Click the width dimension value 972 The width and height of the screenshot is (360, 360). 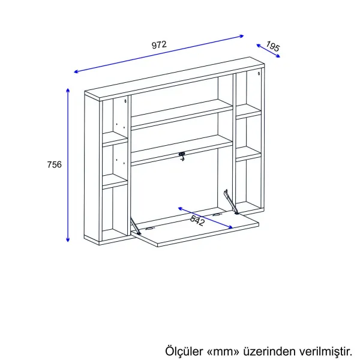click(x=159, y=44)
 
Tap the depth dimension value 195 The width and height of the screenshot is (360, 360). click(x=273, y=46)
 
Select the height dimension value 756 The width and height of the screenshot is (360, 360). click(x=55, y=164)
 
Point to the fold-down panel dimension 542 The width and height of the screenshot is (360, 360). click(x=197, y=220)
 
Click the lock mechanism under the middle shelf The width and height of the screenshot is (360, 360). click(x=182, y=157)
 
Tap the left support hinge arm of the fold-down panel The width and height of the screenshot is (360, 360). click(x=136, y=226)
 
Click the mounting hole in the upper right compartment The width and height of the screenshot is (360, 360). click(x=259, y=73)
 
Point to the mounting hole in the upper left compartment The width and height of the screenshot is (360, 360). click(x=125, y=101)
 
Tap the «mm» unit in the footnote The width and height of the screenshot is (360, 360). click(x=223, y=352)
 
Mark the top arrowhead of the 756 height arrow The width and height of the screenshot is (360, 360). click(x=68, y=90)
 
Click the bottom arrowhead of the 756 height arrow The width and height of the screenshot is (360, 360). click(x=68, y=239)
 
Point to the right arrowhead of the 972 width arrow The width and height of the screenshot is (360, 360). click(x=242, y=36)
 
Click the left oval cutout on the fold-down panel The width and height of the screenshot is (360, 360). click(x=149, y=229)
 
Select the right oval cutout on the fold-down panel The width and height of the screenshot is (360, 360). click(x=217, y=215)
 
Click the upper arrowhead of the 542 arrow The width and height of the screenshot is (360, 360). click(x=180, y=208)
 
